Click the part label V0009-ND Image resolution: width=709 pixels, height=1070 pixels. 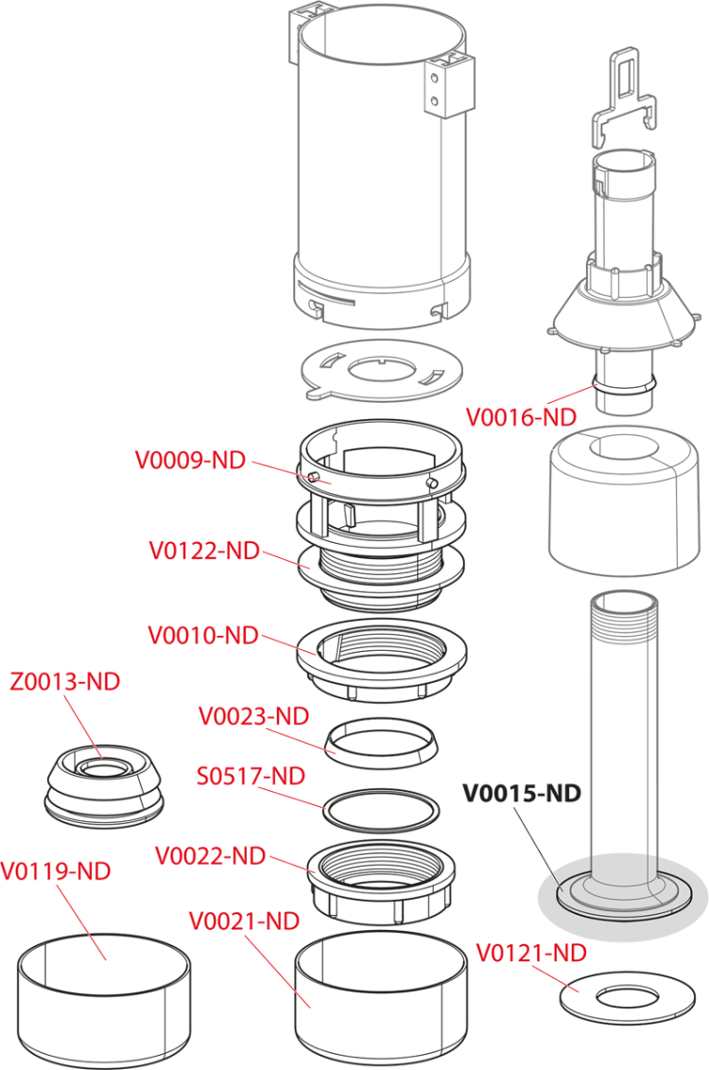(190, 461)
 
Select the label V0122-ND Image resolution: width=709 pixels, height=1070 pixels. (204, 551)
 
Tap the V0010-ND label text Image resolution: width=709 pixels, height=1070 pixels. (203, 635)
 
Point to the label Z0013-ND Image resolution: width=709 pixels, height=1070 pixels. (65, 681)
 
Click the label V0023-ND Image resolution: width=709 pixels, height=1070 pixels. (253, 716)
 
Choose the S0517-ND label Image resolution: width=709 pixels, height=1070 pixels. (251, 777)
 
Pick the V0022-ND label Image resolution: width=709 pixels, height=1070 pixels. (210, 857)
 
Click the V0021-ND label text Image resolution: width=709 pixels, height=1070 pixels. (244, 921)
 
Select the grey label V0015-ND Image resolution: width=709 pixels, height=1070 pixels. (521, 793)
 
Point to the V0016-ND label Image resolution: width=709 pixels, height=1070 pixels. (520, 415)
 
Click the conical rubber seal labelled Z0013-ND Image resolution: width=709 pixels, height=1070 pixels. (105, 781)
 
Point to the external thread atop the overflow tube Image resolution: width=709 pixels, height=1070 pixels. (619, 625)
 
